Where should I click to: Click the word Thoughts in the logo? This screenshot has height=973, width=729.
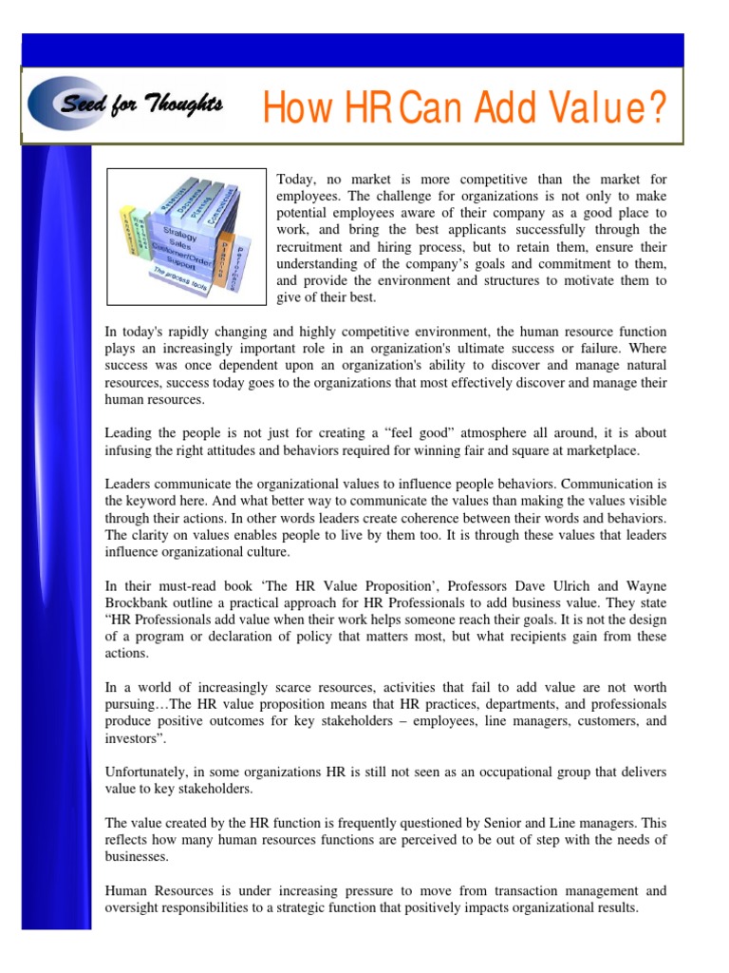[184, 104]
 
